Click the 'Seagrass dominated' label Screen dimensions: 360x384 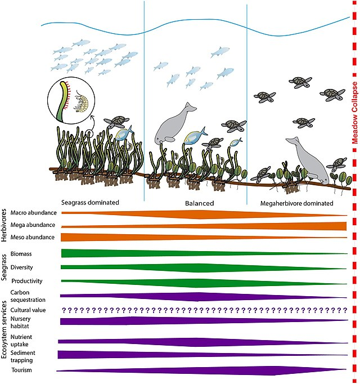pos(90,203)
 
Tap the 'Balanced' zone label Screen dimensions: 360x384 pos(200,203)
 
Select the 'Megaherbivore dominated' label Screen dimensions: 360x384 pos(296,203)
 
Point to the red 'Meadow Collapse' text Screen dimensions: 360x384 pos(354,113)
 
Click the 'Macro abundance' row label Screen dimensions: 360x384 pos(34,213)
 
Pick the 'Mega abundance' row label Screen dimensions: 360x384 pos(33,225)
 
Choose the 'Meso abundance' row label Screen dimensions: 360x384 pos(33,237)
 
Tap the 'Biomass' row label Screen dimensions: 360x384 pos(21,254)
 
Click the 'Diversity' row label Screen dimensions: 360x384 pos(21,267)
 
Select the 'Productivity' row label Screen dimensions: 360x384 pos(27,281)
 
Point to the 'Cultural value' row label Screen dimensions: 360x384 pos(28,310)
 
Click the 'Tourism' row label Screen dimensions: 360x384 pos(21,370)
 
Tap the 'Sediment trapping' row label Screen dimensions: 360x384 pos(22,356)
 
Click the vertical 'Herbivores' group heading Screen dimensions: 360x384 pos(4,225)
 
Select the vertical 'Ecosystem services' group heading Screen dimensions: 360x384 pos(4,329)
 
